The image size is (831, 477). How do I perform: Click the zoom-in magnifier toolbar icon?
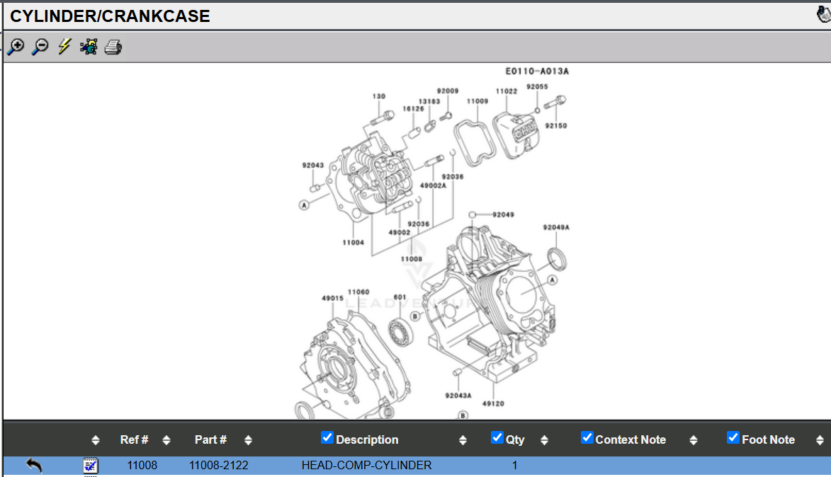pos(16,47)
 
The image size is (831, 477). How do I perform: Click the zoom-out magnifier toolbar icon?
pos(40,47)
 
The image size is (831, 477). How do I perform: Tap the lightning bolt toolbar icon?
pos(64,47)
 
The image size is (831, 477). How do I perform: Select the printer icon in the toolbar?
pos(113,47)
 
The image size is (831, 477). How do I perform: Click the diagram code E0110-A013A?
pos(537,71)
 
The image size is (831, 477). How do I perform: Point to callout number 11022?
pos(506,91)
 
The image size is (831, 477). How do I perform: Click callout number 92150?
pos(556,126)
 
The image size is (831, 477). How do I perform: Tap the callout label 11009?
pos(477,101)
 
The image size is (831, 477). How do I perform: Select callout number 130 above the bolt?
pos(379,96)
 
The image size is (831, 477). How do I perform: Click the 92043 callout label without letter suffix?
pos(312,166)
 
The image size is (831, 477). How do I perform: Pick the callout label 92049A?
pos(556,227)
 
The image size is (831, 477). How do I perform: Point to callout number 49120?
pos(493,403)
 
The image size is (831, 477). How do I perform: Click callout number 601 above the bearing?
pos(400,297)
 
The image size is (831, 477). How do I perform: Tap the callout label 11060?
pos(358,292)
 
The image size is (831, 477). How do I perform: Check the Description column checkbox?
pos(327,437)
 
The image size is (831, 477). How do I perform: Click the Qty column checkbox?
pos(497,437)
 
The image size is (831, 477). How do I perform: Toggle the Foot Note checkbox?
pos(733,437)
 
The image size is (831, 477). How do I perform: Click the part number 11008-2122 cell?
pos(218,465)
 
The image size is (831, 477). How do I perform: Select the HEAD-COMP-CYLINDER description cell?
pos(366,465)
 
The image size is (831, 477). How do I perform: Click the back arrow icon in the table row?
pos(34,465)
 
